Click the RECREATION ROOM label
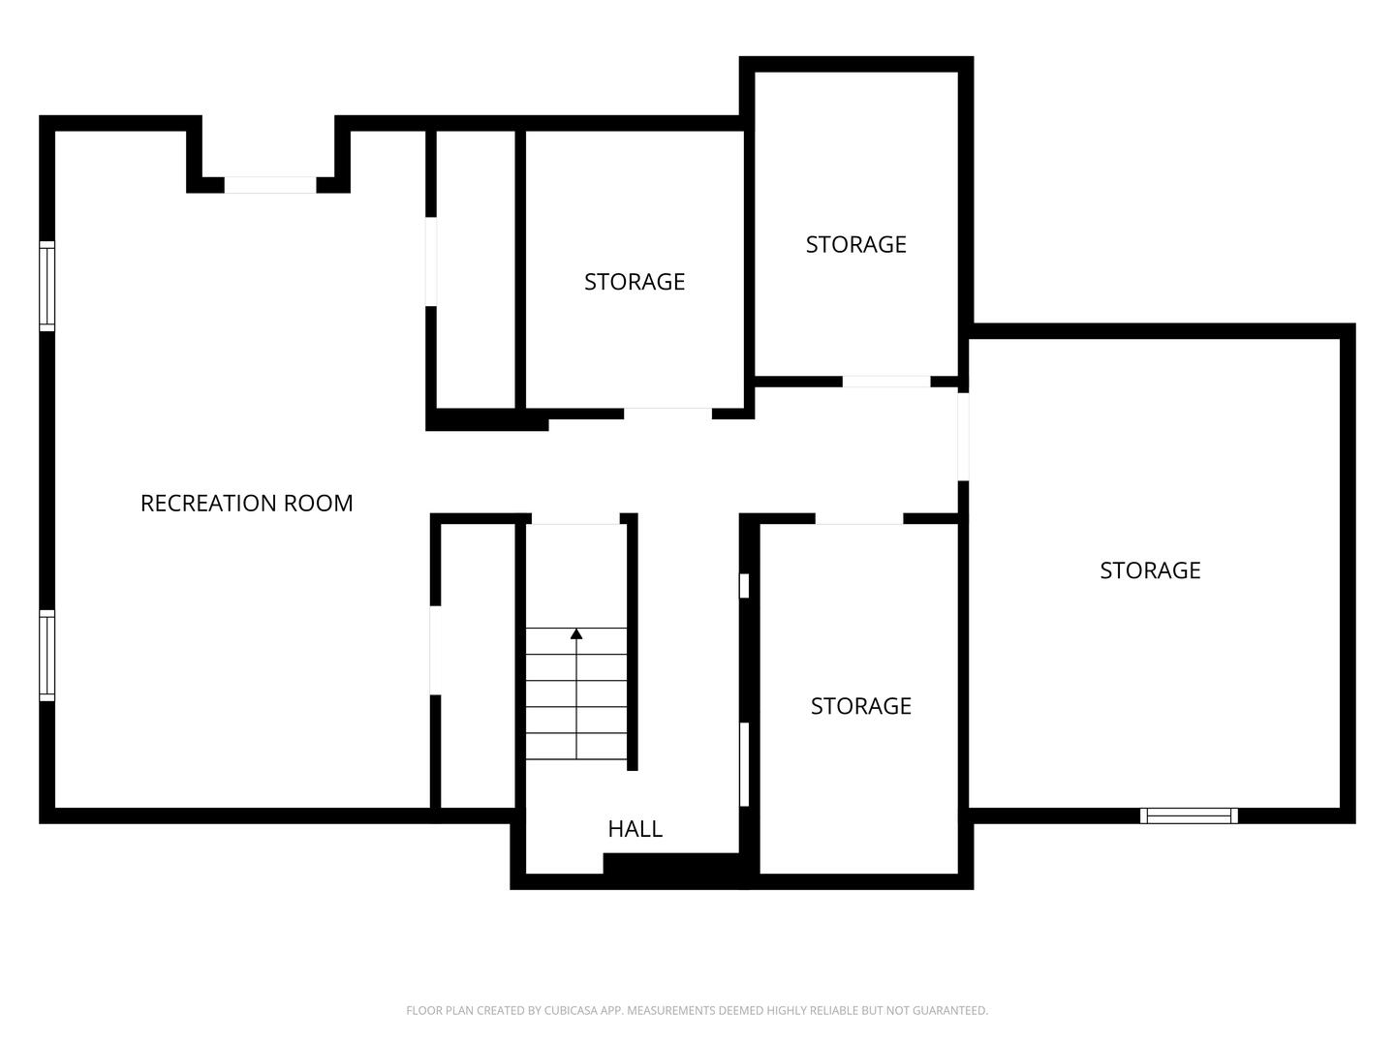[x=247, y=503]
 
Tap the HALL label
[x=635, y=829]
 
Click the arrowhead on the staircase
[x=576, y=633]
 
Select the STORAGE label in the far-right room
[x=1150, y=570]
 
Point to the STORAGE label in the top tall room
[x=856, y=244]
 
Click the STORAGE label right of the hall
[x=861, y=706]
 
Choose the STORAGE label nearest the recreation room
[x=635, y=282]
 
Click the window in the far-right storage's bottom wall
[x=1189, y=815]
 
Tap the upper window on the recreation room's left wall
[x=47, y=286]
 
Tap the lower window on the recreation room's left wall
[x=47, y=656]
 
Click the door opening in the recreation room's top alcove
[x=270, y=185]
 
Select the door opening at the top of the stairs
[x=575, y=519]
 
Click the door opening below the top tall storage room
[x=886, y=382]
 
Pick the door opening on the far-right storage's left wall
[x=964, y=437]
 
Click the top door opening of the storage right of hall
[x=859, y=519]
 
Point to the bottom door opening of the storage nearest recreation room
[x=667, y=414]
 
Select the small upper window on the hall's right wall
[x=744, y=586]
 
